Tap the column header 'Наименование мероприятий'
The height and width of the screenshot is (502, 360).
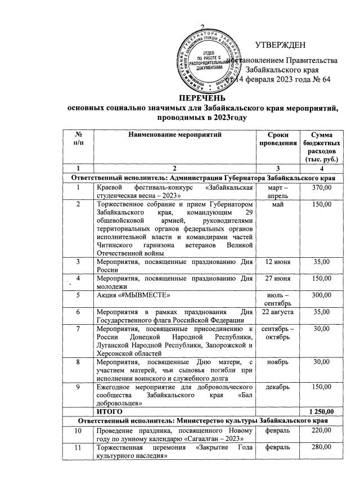[174, 135]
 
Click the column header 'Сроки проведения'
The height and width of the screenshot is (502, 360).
[277, 139]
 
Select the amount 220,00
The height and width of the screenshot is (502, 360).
[323, 431]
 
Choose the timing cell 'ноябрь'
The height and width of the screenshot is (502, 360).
[277, 361]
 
